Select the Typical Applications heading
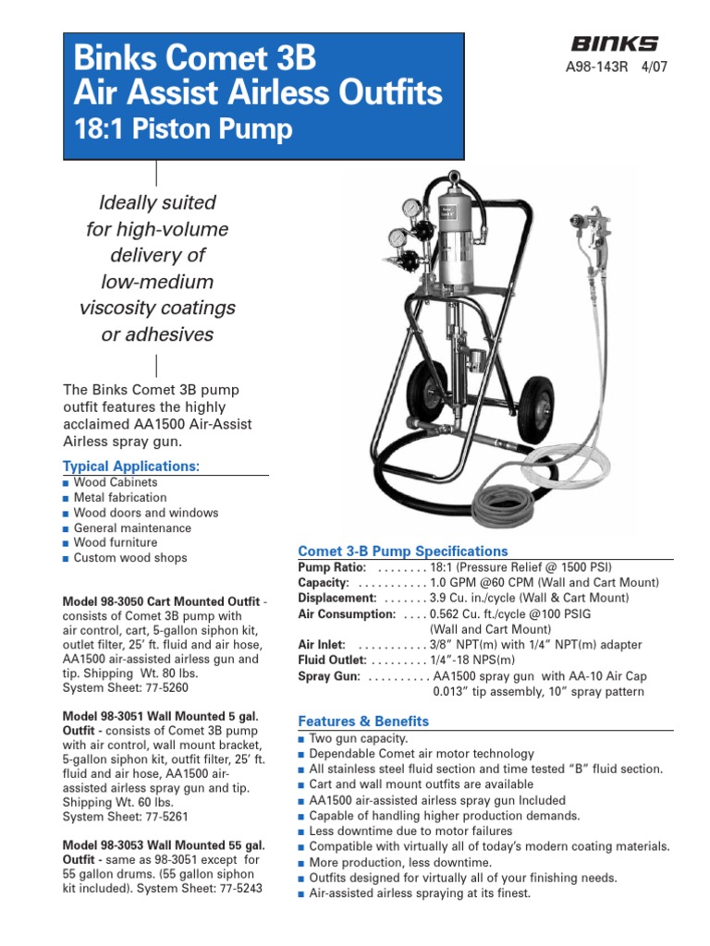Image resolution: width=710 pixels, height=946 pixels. (x=131, y=466)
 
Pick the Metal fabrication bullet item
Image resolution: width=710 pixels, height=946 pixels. (x=120, y=497)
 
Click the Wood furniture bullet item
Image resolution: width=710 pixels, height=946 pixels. (x=116, y=542)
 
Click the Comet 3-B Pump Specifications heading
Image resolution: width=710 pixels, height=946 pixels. (x=403, y=551)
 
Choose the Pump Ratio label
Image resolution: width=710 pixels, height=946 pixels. (x=332, y=566)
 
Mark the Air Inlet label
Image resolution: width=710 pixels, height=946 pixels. (x=322, y=645)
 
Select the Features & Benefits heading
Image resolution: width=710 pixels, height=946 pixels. (x=363, y=721)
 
